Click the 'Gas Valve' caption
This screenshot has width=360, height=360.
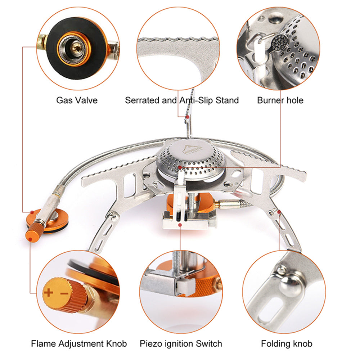pyautogui.click(x=77, y=100)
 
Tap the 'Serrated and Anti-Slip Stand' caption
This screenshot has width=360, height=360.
pyautogui.click(x=182, y=100)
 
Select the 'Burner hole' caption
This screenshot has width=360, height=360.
pyautogui.click(x=280, y=100)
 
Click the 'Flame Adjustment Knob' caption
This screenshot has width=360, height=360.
pyautogui.click(x=79, y=344)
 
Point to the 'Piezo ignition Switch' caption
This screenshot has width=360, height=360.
pyautogui.click(x=181, y=344)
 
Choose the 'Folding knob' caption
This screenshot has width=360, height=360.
pyautogui.click(x=287, y=344)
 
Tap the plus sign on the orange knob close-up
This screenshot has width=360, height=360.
pyautogui.click(x=48, y=292)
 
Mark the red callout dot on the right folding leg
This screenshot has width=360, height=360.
pyautogui.click(x=279, y=212)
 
